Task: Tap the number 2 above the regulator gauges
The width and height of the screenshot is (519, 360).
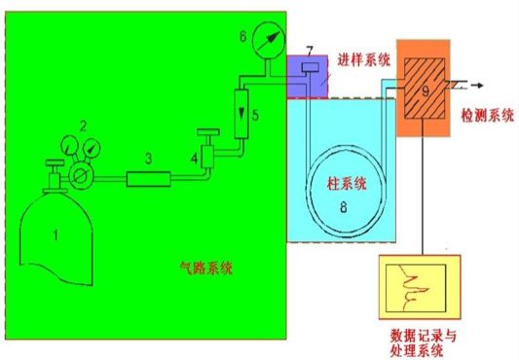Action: coord(83,126)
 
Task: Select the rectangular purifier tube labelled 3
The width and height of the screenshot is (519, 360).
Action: coord(149,179)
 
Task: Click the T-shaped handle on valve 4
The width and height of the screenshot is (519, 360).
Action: coord(208,132)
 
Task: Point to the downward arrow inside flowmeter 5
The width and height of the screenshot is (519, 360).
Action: coord(241,112)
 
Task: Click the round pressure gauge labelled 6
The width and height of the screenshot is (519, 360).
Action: coord(269,40)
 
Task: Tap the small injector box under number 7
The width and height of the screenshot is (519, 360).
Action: coord(311,67)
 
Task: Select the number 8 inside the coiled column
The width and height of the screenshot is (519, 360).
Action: coord(344,207)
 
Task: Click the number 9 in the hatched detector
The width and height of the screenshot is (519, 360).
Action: coord(426,90)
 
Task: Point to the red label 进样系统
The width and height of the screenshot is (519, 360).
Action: coord(364,60)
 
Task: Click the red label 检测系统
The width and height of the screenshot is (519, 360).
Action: coord(488,116)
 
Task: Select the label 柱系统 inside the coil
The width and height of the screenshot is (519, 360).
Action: coord(347,183)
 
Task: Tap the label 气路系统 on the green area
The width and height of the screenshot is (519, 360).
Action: coord(205,268)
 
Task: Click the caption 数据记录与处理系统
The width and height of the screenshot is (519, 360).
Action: coord(423,343)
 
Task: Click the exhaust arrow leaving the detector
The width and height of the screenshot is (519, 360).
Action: coord(477,86)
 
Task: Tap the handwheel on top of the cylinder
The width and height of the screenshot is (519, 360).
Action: coord(55,162)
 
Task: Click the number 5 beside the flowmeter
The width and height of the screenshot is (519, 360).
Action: coord(255,115)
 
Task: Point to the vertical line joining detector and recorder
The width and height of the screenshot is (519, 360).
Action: coord(423,187)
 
